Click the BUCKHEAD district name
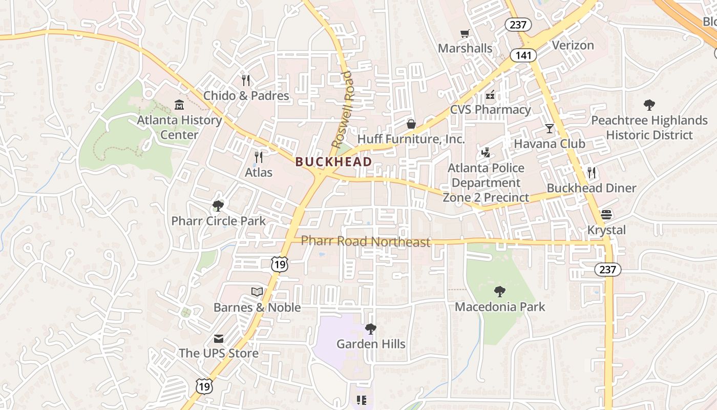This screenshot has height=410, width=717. [333, 161]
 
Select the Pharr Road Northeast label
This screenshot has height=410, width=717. [365, 241]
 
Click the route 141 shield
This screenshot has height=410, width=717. [523, 55]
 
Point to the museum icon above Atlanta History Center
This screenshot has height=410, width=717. [179, 105]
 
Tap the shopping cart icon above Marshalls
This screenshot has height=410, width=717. [465, 34]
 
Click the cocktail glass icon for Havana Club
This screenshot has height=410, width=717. [550, 129]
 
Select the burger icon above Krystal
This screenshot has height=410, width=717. [606, 214]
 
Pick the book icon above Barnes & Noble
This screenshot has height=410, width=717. [257, 292]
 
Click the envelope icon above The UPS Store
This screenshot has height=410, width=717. [219, 338]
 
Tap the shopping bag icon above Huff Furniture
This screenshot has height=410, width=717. [411, 124]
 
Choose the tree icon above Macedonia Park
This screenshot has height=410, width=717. [500, 292]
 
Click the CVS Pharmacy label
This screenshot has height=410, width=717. [490, 109]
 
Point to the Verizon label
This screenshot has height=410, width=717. [573, 45]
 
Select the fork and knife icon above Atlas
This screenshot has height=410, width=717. [259, 157]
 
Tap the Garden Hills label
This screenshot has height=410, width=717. [371, 344]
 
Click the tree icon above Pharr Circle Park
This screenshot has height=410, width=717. [218, 206]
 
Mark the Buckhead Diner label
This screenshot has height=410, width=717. [591, 188]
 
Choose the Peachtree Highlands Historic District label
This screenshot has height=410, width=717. [649, 128]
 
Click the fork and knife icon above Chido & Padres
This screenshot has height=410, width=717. [246, 80]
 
